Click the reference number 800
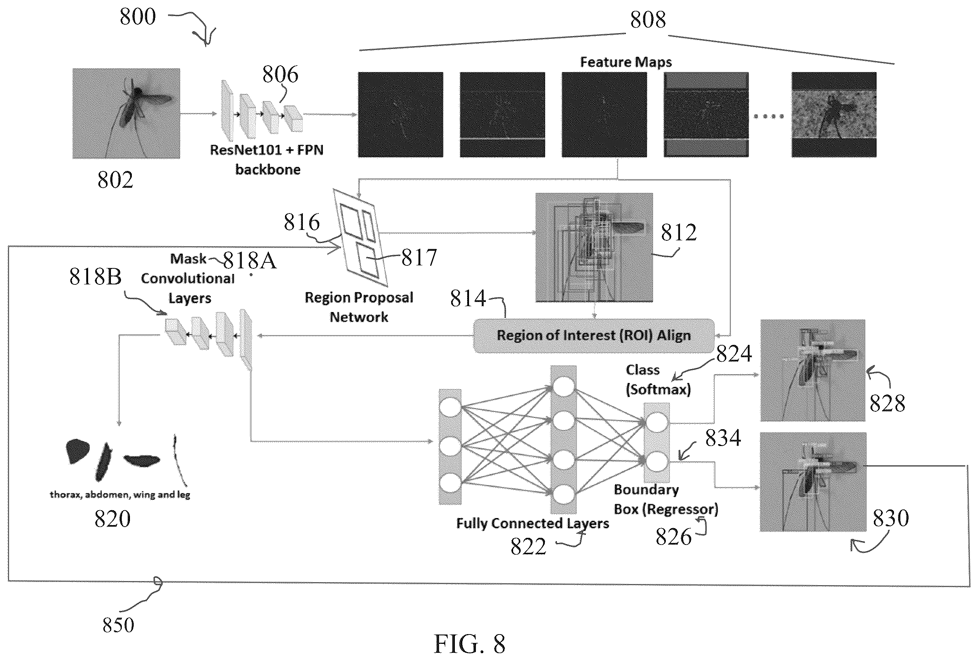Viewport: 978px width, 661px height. [x=138, y=17]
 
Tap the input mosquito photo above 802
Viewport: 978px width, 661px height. [x=126, y=113]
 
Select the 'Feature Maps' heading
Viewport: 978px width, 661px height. [x=626, y=62]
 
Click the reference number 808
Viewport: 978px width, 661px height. [x=648, y=20]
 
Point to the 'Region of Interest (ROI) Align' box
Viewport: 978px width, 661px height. [x=594, y=336]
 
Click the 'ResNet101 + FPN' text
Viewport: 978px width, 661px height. [x=267, y=150]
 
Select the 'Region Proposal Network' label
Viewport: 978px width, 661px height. [x=359, y=307]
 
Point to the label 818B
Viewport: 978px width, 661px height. [x=95, y=277]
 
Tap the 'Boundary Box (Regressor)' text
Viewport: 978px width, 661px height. [x=666, y=499]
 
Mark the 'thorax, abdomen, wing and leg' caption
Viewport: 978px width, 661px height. [x=120, y=495]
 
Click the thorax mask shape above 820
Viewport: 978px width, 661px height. [x=77, y=451]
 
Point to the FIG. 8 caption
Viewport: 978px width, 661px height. [x=470, y=644]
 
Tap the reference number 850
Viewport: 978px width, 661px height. [x=118, y=625]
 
